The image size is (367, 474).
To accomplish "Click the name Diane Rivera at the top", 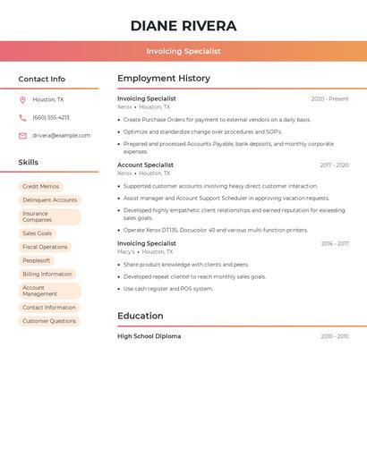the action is coord(183,26).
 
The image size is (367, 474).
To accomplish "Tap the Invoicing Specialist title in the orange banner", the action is coord(183,51).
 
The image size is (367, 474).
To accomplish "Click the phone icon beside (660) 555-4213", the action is coord(22,117).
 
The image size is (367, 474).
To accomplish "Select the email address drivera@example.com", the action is coord(61,135).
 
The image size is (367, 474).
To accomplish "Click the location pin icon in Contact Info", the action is coord(22,100).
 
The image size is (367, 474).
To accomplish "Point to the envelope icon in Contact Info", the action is coord(22,136).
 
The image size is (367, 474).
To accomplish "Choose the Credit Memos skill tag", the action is coord(40,187).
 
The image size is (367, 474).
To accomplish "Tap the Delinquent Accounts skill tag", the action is coord(49,200).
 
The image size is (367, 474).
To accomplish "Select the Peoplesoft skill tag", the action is coord(37,260).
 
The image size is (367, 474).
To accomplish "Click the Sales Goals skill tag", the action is coord(38,233).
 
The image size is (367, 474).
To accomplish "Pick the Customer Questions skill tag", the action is coord(49,321).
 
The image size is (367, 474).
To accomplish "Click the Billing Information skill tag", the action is coord(47,275).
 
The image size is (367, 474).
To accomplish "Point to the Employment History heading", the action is coord(164,79).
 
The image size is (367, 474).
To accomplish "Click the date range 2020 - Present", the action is coord(329,98).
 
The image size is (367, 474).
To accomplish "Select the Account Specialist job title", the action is coord(145,165).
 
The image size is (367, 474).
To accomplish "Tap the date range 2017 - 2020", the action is coord(334,165).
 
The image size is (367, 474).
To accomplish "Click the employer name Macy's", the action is coord(125,251).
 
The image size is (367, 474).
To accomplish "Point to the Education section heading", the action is coord(140,316).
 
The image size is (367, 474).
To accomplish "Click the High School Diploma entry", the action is coord(149,336).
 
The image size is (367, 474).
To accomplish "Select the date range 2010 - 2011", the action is coord(335,336).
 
